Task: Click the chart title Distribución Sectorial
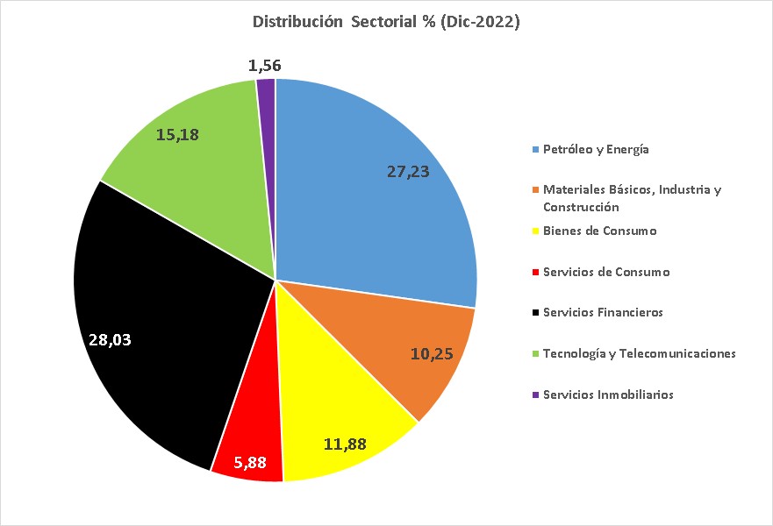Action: coord(386,23)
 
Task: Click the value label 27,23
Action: coord(408,172)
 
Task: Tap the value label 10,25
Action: coord(433,353)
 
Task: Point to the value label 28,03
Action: coord(110,339)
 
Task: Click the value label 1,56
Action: coord(265,66)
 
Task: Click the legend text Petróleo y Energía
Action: coord(596,149)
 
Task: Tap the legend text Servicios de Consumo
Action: coord(606,272)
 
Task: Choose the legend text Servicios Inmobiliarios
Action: coord(608,394)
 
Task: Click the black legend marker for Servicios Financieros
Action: coord(535,313)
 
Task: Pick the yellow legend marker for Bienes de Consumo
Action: coord(535,231)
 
